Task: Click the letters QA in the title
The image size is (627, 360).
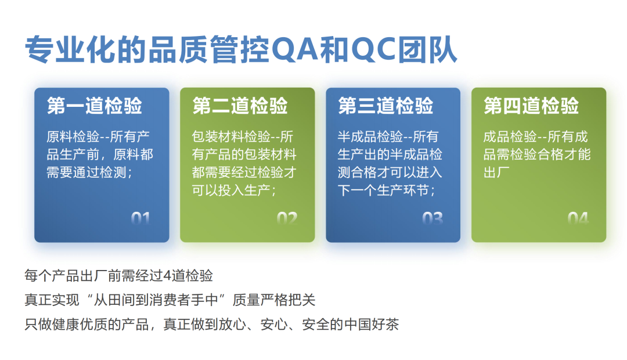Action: point(296,49)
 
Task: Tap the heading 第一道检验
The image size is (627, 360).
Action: point(95,106)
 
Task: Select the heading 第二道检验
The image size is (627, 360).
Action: point(240,106)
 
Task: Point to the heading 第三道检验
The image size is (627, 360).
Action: point(385,106)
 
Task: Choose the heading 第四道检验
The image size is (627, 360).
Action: point(531,106)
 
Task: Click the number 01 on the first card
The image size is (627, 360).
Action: point(140,218)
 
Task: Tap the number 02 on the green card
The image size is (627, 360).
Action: point(287,218)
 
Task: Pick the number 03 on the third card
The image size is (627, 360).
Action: point(433,218)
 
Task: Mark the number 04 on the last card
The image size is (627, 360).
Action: point(578,218)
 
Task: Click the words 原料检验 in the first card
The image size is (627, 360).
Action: point(73,137)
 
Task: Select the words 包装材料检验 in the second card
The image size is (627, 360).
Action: point(232,137)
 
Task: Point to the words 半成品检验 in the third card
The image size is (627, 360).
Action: point(370,137)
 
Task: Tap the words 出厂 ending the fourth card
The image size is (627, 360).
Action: point(496,172)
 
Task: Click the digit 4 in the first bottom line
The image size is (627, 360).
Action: point(168,276)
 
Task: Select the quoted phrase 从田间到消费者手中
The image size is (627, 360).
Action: point(156,300)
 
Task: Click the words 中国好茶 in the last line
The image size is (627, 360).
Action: point(372,325)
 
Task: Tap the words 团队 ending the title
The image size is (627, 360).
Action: point(427,49)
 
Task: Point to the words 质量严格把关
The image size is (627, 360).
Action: point(274,300)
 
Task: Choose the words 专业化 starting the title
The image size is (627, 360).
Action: point(71,49)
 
